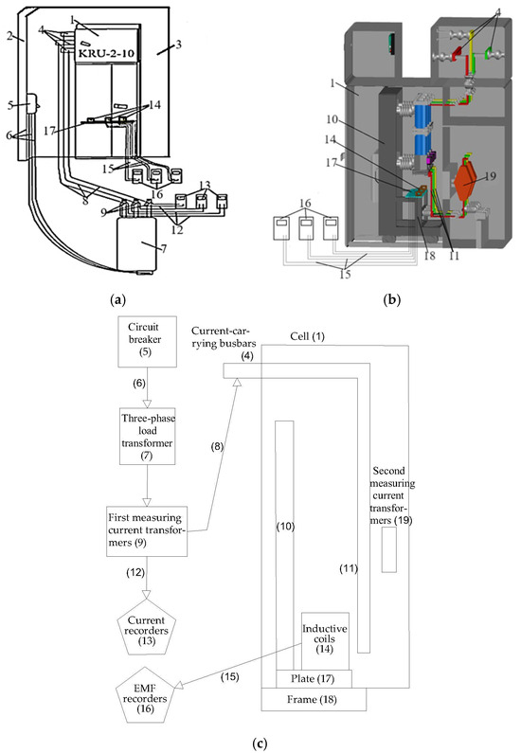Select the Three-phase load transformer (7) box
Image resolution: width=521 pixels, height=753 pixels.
click(145, 437)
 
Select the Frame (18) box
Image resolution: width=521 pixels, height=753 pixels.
click(313, 700)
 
